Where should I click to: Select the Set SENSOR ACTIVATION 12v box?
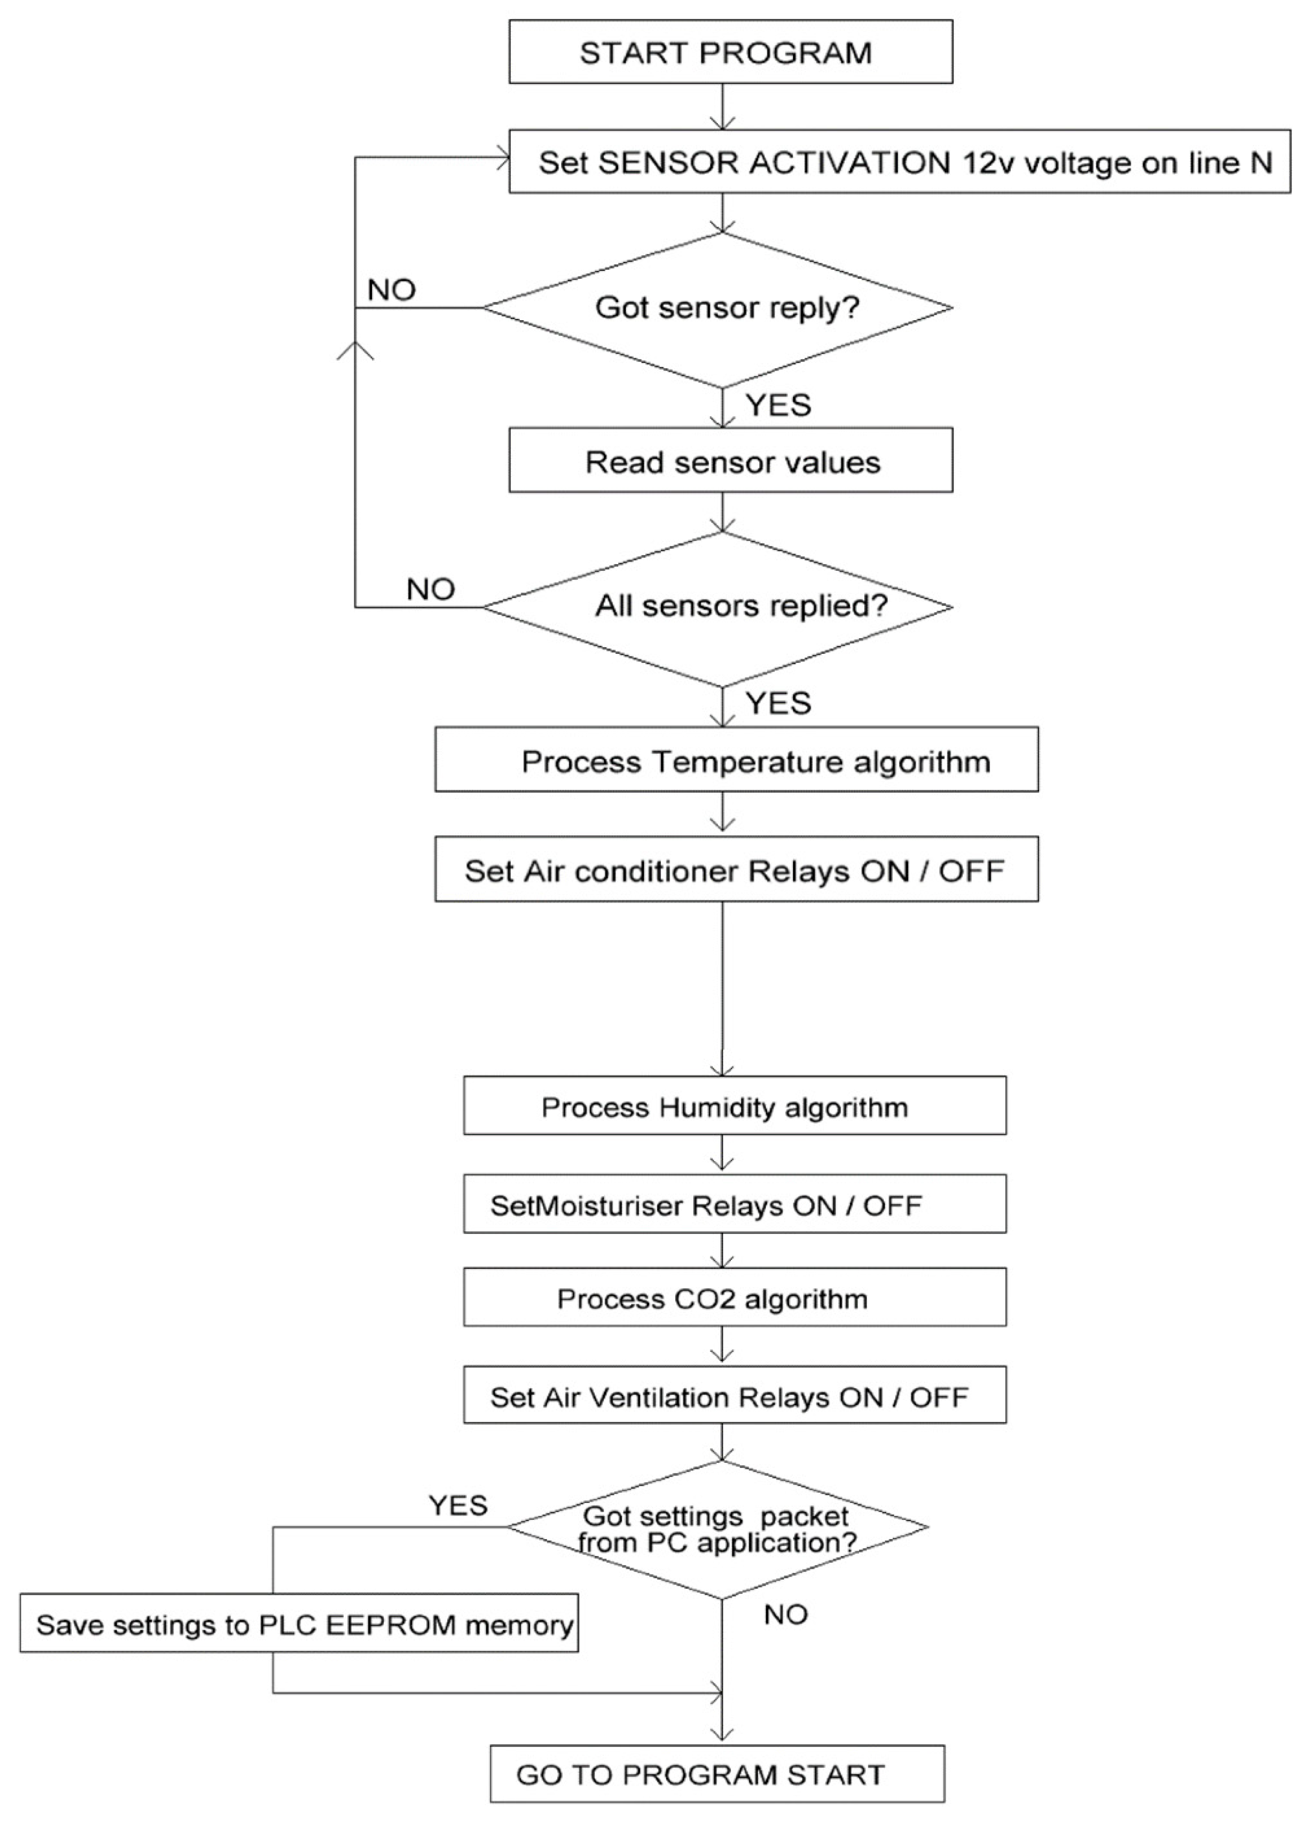899,162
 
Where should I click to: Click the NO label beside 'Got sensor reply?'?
392,290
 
